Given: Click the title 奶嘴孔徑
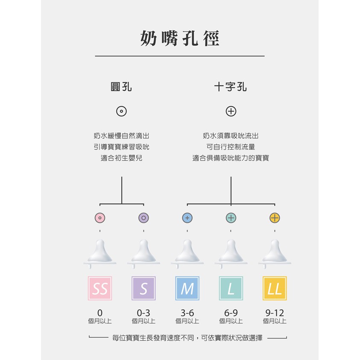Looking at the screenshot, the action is point(180,38).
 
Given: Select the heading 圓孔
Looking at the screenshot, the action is point(121,87).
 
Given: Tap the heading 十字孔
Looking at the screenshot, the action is point(231,87).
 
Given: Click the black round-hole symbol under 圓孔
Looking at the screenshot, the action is point(121,111).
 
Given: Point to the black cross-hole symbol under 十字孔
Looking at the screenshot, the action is point(231,111).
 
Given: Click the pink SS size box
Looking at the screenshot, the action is point(100,288).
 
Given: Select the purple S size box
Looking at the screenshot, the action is point(143,288).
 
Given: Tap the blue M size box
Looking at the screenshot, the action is point(187,288).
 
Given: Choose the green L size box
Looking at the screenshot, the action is point(231,288).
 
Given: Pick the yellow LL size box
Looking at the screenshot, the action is point(275,288).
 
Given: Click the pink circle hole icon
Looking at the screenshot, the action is point(100,218).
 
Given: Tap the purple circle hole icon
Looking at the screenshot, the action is point(143,218).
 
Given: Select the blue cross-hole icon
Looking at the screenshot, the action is point(187,218).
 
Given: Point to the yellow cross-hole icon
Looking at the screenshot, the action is point(275,218).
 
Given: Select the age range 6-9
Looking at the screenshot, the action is point(231,313).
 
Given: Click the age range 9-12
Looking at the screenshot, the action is point(275,313).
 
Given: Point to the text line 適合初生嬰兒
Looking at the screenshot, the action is point(121,158).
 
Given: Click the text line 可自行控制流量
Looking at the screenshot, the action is point(231,147).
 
